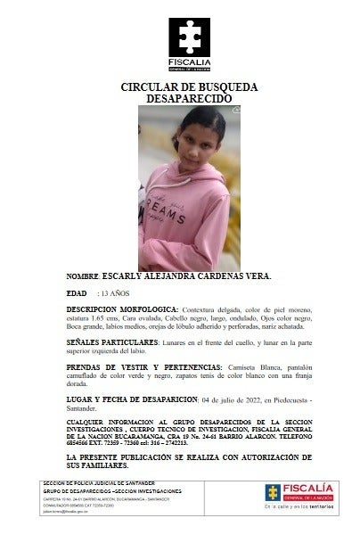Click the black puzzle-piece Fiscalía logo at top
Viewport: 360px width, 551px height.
(x=188, y=38)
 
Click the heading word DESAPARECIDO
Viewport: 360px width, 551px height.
(x=188, y=98)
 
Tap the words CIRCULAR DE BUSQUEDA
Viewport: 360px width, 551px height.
(x=188, y=86)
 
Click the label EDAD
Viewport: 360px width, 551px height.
(x=78, y=292)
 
